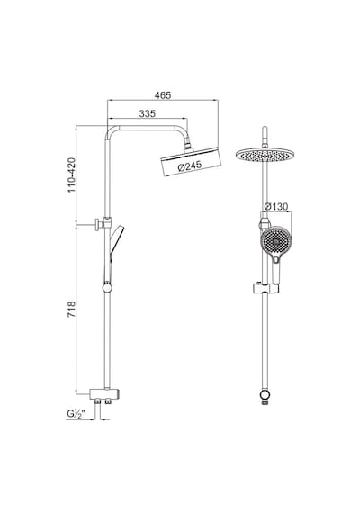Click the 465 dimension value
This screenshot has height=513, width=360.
click(163, 95)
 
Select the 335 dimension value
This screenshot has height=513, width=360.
click(148, 113)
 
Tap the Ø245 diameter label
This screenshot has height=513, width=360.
click(190, 166)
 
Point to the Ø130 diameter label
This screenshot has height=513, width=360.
click(276, 207)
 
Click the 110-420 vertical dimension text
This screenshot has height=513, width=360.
click(72, 175)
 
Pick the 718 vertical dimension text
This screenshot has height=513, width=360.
click(72, 310)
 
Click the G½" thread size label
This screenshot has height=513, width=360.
click(76, 413)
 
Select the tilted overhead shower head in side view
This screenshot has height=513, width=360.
click(191, 161)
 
